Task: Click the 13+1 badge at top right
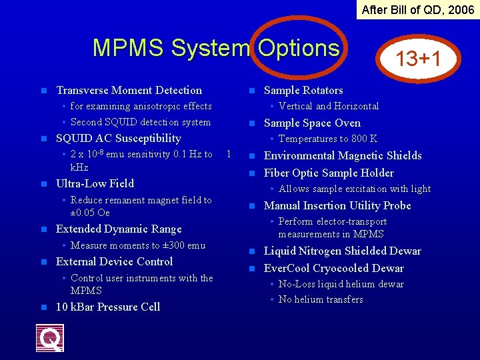coord(418,59)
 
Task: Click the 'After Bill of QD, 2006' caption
coord(418,9)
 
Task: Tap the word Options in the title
coord(299,48)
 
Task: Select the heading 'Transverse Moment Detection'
coord(129,90)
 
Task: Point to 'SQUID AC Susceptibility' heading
coord(119,138)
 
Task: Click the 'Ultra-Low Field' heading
coord(95,183)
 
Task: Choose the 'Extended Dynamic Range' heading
coord(119,229)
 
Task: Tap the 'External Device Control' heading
coord(114,261)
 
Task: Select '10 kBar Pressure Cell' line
coord(108,307)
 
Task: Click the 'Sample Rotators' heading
coord(303,90)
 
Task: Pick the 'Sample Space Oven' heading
coord(312,123)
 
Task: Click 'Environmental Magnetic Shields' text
coord(343,155)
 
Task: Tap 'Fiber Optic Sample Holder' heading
coord(329,173)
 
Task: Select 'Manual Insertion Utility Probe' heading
coord(337,205)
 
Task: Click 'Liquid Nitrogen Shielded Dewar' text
coord(343,251)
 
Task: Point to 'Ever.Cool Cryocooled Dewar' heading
coord(334,268)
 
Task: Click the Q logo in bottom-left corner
coord(50,337)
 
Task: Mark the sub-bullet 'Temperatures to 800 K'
coord(327,139)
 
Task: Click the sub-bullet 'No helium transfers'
coord(321,299)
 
